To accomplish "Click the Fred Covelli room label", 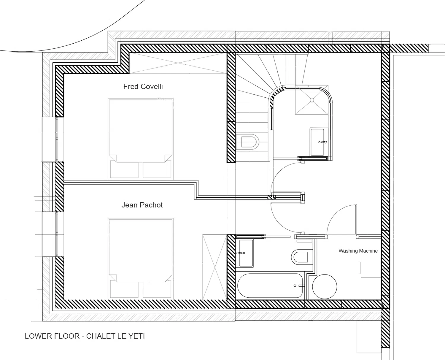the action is [x=143, y=86].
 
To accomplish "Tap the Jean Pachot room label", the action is [x=142, y=205].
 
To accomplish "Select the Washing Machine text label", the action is [x=358, y=251].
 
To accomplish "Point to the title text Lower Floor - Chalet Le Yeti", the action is [x=85, y=336].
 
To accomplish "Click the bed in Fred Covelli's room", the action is [x=141, y=139].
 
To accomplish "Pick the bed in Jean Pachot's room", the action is [x=141, y=258].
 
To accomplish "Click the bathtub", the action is [x=270, y=286].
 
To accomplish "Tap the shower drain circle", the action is [x=312, y=100].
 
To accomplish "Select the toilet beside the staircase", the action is [x=248, y=142].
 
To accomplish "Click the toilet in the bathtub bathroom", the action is [x=300, y=257].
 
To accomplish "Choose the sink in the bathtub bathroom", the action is [x=246, y=253].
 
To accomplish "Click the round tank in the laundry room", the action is [x=325, y=286].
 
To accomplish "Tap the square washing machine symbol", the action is [x=370, y=267].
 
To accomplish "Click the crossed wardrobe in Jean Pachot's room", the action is [x=215, y=267].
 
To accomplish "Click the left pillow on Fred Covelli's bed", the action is [x=124, y=169].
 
